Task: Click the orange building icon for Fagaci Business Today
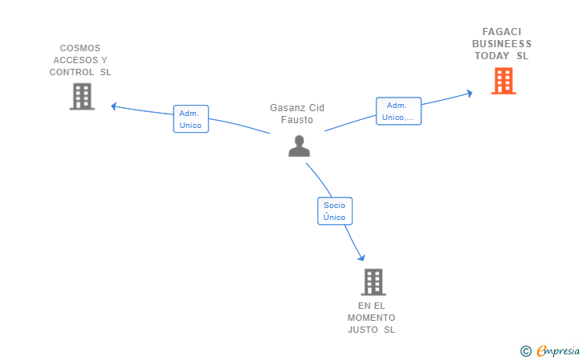pos(504,81)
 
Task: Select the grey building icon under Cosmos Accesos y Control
pos(82,97)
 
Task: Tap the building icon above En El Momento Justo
pos(373,282)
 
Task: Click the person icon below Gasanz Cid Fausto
pos(299,146)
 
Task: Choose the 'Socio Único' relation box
pos(335,211)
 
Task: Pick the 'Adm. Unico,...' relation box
pos(399,111)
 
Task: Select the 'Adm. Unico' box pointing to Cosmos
pos(191,119)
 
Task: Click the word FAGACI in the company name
pos(502,32)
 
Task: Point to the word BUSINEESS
pos(502,44)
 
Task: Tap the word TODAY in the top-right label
pos(492,56)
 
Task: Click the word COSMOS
pos(80,48)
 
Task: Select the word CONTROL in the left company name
pos(72,72)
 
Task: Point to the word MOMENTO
pos(372,318)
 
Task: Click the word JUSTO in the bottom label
pos(363,330)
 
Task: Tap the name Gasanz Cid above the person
pos(297,108)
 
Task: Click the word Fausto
pos(297,120)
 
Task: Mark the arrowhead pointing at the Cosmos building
pos(114,106)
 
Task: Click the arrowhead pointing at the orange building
pos(469,94)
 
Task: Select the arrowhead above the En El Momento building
pos(361,258)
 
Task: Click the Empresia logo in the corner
pos(550,351)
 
